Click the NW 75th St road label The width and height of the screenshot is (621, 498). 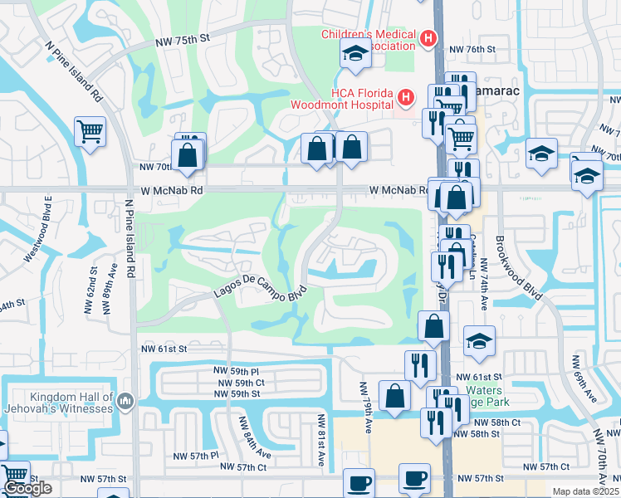pyautogui.click(x=184, y=39)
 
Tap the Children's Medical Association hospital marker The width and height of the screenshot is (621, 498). pyautogui.click(x=428, y=38)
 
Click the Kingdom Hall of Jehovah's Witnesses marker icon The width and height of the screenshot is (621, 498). pyautogui.click(x=125, y=402)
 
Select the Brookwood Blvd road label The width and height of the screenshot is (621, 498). pyautogui.click(x=522, y=265)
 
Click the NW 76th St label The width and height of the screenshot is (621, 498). pyautogui.click(x=472, y=50)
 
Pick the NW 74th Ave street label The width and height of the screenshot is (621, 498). pyautogui.click(x=482, y=290)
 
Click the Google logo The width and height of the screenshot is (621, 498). pyautogui.click(x=28, y=488)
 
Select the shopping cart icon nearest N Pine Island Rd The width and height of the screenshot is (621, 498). pyautogui.click(x=90, y=131)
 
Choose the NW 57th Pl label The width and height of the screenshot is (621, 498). pyautogui.click(x=196, y=456)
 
